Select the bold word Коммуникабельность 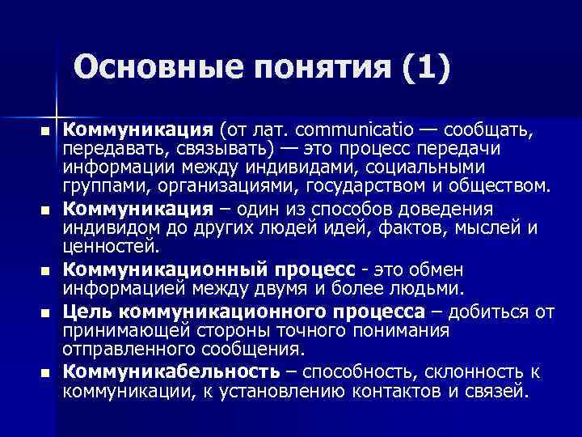click(171, 371)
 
